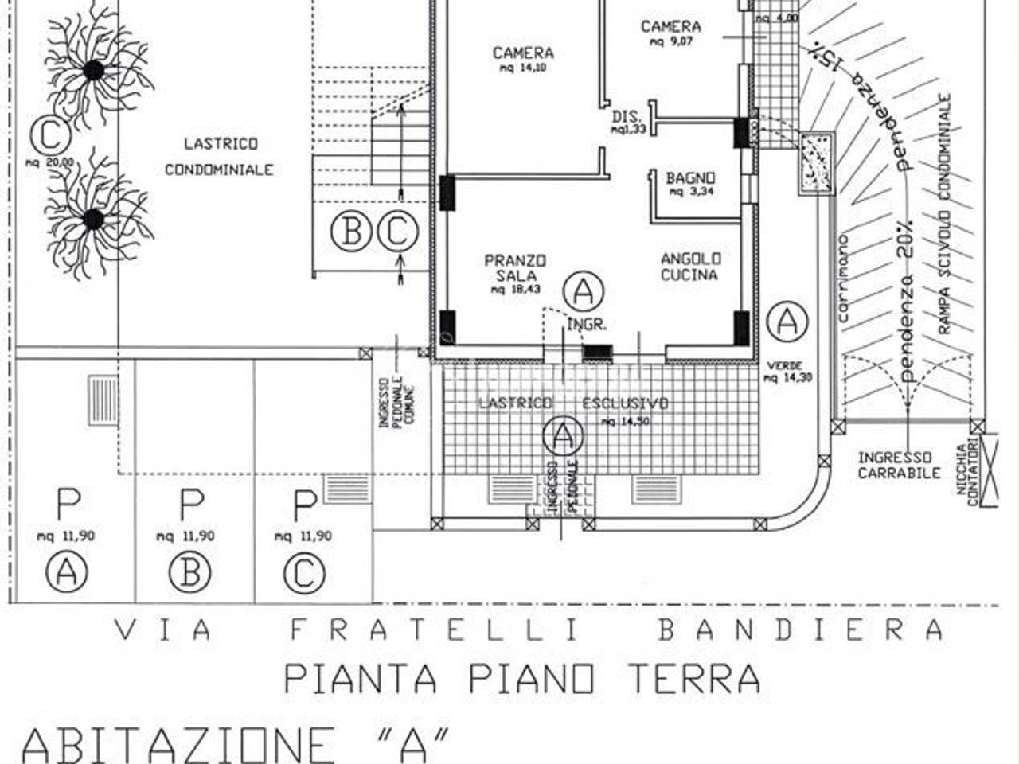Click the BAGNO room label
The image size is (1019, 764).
point(690,183)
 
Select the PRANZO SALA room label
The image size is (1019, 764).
point(515,274)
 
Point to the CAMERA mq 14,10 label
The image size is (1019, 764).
point(523,59)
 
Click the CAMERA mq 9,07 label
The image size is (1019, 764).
point(670,32)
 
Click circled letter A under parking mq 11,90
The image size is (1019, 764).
point(67,572)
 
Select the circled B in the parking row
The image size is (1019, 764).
point(190,572)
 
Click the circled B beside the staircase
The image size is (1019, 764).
point(351,232)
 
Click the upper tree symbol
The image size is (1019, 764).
point(94,70)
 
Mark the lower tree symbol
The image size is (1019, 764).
point(94,218)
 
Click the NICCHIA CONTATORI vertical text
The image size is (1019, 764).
point(966,474)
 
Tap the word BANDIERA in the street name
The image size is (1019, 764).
point(800,630)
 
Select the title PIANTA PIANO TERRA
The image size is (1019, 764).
point(521,679)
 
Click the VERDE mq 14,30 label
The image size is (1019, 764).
point(787,372)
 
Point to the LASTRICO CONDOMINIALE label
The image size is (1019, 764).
point(220,156)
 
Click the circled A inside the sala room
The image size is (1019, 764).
point(583,292)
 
